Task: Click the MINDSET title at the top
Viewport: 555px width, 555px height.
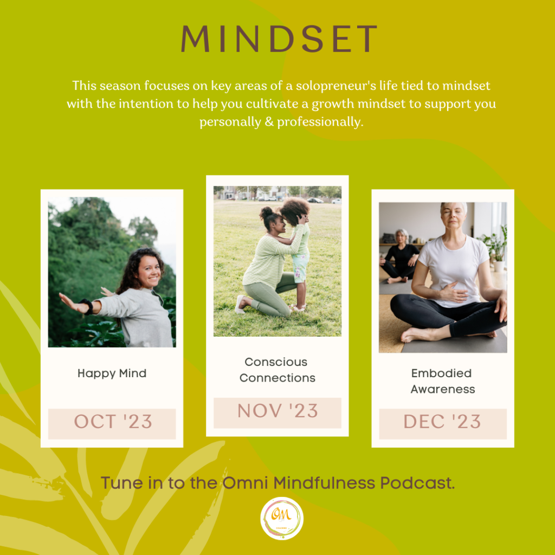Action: (279, 38)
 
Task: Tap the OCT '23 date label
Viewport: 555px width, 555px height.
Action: (113, 422)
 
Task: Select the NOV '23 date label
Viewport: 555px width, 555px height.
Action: (277, 411)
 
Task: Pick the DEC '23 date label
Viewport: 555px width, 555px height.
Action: (442, 422)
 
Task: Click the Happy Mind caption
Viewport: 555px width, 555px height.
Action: (112, 373)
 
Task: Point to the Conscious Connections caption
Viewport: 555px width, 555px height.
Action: (277, 370)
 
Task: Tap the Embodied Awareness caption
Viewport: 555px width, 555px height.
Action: (442, 381)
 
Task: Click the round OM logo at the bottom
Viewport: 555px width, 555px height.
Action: (282, 518)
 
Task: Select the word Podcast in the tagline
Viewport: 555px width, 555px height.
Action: (417, 483)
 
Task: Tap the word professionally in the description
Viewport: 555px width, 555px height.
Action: (320, 122)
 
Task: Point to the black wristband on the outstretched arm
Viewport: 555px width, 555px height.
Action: (87, 307)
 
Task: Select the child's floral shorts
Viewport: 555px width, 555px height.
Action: (300, 268)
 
